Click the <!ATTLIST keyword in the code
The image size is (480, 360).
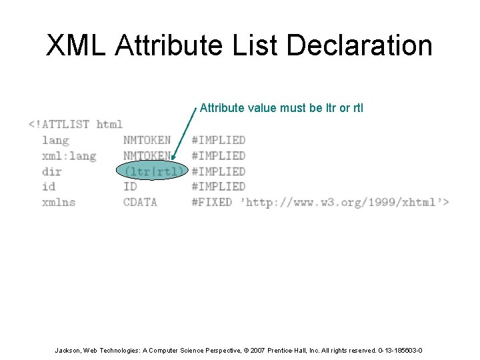(59, 124)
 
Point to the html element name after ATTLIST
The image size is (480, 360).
(109, 124)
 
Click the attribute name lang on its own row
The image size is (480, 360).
(55, 140)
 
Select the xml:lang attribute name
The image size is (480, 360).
(69, 155)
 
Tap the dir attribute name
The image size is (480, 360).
(52, 171)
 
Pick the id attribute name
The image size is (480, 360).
(49, 187)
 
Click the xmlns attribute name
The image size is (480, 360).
(59, 202)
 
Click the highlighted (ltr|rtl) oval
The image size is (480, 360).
(153, 171)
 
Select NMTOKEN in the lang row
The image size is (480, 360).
(147, 140)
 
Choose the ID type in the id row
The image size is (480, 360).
(130, 187)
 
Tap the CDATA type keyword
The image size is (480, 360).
(140, 202)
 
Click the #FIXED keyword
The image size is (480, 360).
(211, 202)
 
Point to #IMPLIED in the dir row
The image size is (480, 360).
(218, 171)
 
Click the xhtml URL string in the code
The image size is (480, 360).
(345, 202)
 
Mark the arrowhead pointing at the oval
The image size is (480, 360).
(173, 159)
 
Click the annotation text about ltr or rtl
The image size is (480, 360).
(281, 108)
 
